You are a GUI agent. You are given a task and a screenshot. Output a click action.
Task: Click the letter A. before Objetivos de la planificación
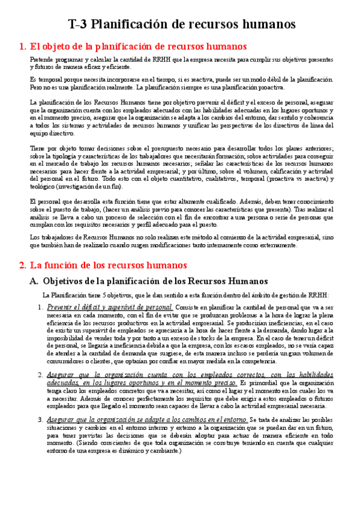click(x=34, y=280)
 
